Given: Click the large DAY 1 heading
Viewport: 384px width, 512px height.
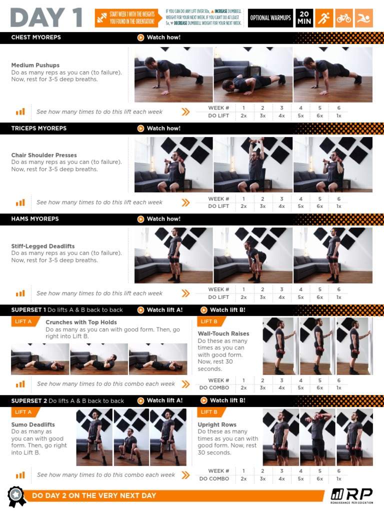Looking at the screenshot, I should click(x=46, y=17).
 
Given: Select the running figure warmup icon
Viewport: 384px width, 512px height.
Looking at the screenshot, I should click(x=324, y=18).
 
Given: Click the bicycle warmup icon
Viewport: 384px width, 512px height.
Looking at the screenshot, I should click(x=343, y=18).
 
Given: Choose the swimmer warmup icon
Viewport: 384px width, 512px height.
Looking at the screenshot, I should click(x=364, y=18).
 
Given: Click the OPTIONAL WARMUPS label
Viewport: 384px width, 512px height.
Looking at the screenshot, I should click(x=270, y=18).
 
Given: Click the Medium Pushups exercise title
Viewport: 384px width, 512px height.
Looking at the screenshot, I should click(x=35, y=65).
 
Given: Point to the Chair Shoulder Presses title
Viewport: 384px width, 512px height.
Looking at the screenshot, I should click(x=44, y=155).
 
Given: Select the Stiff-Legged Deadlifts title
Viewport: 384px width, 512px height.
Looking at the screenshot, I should click(x=43, y=246).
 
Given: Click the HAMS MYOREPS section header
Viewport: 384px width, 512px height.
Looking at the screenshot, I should click(x=35, y=219).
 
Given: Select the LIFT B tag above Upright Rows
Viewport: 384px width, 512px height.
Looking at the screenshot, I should click(x=208, y=412).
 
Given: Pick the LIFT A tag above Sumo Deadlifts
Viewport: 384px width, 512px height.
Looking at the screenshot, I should click(x=23, y=412).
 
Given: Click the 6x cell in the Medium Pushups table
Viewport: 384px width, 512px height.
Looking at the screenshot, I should click(x=319, y=115).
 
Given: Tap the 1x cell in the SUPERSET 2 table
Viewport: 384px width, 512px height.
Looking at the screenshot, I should click(x=338, y=478).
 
